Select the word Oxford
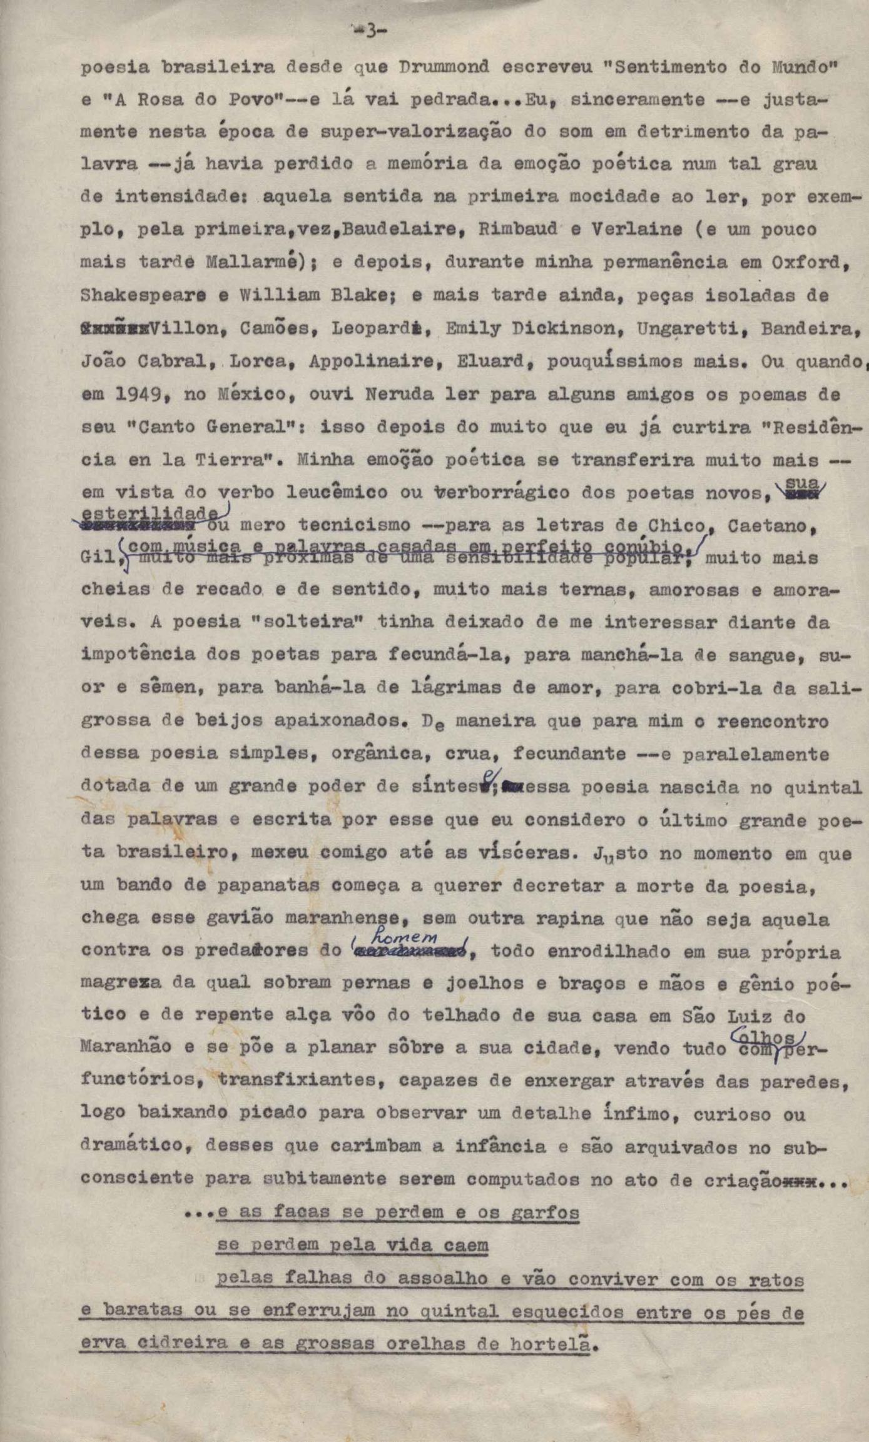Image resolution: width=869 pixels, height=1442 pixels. point(810,263)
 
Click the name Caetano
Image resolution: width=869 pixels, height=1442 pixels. point(769,526)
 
